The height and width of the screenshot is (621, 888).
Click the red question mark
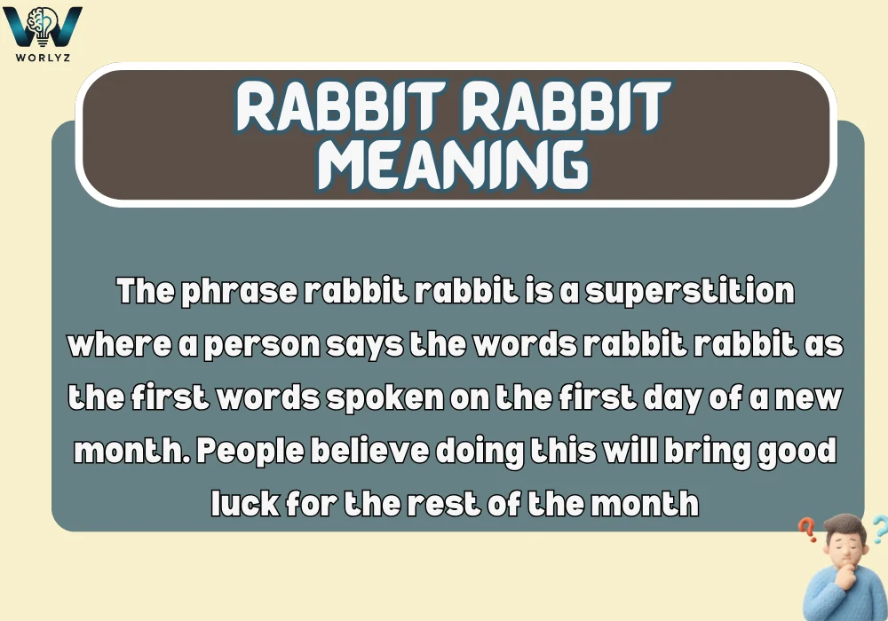coord(807,531)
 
